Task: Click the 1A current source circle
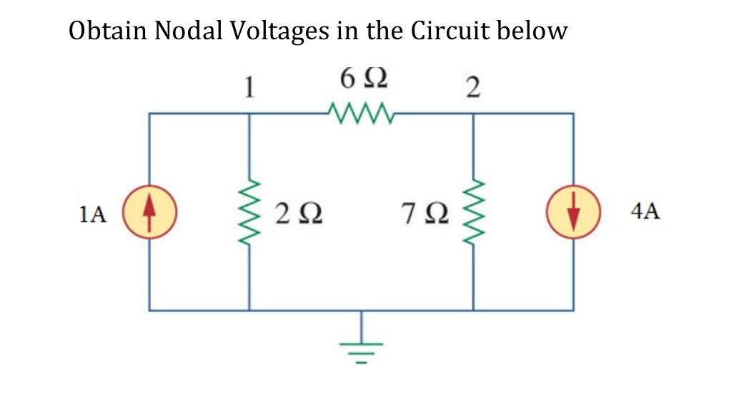[149, 212]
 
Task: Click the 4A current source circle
[572, 212]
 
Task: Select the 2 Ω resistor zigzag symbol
[249, 212]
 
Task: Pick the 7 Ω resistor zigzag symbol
[473, 212]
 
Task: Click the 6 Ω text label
[364, 78]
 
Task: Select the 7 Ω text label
[426, 213]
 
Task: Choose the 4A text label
[645, 211]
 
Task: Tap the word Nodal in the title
[189, 31]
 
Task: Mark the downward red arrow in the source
[572, 214]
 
